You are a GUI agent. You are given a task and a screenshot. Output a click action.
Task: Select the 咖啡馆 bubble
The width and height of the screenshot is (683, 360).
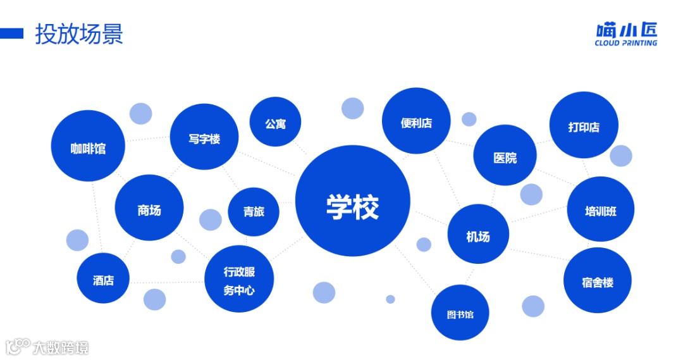pyautogui.click(x=88, y=146)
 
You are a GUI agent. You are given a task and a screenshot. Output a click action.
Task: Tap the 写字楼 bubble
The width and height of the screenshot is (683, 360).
pyautogui.click(x=204, y=137)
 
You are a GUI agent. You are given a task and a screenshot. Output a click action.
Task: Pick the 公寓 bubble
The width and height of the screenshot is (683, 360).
pyautogui.click(x=275, y=121)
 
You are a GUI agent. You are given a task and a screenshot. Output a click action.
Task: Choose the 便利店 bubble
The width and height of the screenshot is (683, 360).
pyautogui.click(x=416, y=121)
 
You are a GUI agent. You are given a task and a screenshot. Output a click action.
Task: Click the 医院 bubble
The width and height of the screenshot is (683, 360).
pyautogui.click(x=505, y=155)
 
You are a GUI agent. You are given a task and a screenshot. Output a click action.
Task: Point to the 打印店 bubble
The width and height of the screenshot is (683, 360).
pyautogui.click(x=584, y=125)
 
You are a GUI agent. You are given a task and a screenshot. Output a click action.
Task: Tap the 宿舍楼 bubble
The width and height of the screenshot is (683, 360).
pyautogui.click(x=598, y=280)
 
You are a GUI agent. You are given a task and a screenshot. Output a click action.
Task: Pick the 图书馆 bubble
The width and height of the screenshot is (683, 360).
pyautogui.click(x=460, y=313)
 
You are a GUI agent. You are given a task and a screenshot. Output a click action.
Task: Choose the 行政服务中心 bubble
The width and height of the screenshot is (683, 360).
pyautogui.click(x=239, y=279)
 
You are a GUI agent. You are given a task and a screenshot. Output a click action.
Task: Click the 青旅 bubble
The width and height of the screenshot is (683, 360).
pyautogui.click(x=253, y=211)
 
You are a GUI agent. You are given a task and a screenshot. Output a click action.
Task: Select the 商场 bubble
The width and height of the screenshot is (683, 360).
pyautogui.click(x=149, y=209)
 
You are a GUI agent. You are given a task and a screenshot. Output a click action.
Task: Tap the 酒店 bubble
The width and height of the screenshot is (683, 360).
pyautogui.click(x=103, y=278)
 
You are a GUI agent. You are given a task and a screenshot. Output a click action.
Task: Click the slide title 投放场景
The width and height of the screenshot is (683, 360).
pyautogui.click(x=79, y=34)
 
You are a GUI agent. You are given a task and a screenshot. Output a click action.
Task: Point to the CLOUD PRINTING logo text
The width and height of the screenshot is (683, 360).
pyautogui.click(x=625, y=43)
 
